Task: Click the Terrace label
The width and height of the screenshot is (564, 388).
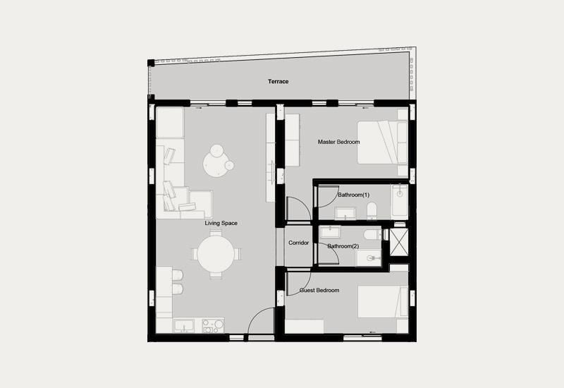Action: (x=278, y=81)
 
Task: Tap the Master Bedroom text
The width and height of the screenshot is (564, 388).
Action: (x=338, y=142)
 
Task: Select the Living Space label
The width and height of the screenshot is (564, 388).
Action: (x=221, y=223)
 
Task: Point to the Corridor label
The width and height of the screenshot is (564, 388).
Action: (x=298, y=243)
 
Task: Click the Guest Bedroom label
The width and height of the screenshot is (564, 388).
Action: (x=319, y=290)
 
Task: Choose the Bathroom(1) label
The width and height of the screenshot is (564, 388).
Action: (x=354, y=195)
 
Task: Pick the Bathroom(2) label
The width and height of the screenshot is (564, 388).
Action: (x=343, y=246)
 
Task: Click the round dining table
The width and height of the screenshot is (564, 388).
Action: (x=216, y=254)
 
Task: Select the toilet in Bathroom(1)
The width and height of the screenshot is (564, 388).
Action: (x=372, y=210)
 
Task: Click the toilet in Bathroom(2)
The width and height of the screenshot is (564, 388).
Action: (x=372, y=235)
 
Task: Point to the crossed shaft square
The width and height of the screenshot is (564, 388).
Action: (x=399, y=242)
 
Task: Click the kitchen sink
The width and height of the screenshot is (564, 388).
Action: (x=184, y=326)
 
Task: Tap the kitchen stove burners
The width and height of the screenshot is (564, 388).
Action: (x=213, y=326)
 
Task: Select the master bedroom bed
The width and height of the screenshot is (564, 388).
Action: (x=382, y=143)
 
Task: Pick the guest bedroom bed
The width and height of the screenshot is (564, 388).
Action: (x=383, y=302)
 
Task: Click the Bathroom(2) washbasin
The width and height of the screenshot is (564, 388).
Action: (x=369, y=258)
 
